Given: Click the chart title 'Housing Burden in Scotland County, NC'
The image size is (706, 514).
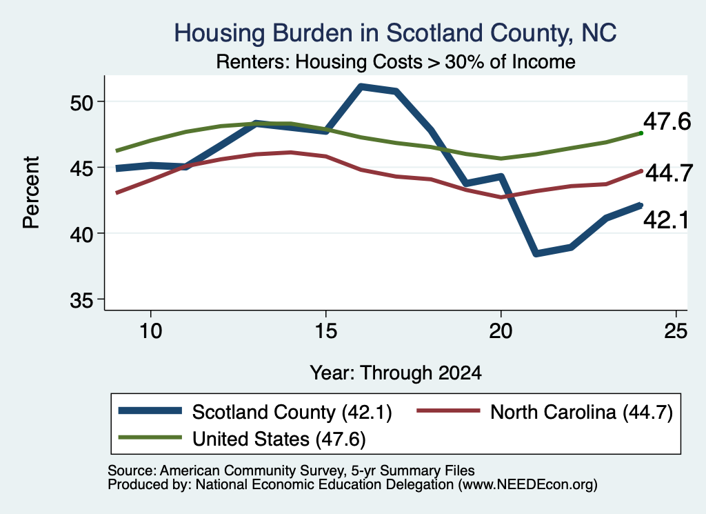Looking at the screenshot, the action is point(395,33).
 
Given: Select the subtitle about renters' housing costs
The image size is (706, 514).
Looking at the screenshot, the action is point(395,61).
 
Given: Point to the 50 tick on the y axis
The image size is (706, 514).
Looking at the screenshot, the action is point(81,102).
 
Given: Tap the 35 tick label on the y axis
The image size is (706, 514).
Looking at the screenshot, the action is point(81,300).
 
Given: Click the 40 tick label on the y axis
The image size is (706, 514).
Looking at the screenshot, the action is point(81,235).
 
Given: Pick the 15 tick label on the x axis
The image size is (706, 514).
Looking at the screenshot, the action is point(325,331).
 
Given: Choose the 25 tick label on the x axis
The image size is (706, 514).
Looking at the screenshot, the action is point(676,331).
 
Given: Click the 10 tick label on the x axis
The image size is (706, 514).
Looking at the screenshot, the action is point(150,331).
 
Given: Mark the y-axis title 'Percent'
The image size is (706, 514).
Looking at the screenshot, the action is point(31,192).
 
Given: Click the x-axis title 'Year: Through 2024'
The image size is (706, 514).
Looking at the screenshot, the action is point(396,373).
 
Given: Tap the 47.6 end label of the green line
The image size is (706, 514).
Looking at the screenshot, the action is point(667,121).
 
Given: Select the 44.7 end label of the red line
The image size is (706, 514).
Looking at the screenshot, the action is point(669,173).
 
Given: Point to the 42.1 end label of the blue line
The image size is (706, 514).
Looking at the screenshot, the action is point(666,220).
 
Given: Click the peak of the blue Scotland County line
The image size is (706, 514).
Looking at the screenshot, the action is point(361,86).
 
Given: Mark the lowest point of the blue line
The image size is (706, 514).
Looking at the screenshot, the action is point(536,254).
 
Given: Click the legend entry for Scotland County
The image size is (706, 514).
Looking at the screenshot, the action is point(255,412).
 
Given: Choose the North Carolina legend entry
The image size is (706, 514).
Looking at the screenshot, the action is point(545,412).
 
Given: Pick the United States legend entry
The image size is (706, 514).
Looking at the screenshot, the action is point(242,439).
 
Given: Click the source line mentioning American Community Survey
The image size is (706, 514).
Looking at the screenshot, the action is point(291,471).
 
